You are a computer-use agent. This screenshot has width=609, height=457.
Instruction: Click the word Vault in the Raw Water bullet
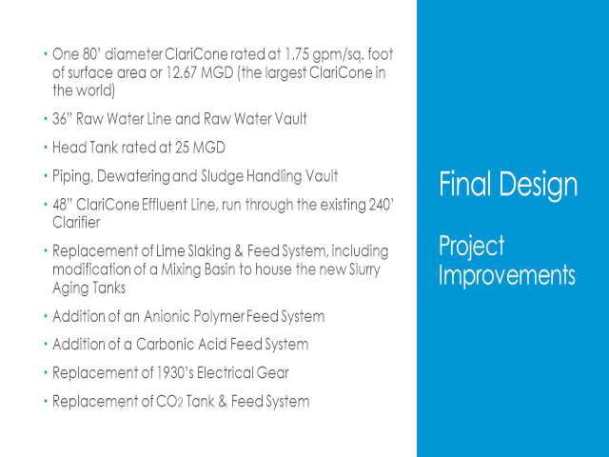tap(291, 118)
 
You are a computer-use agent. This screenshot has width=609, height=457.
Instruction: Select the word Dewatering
tap(133, 176)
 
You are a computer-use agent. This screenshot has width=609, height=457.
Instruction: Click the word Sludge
tap(222, 176)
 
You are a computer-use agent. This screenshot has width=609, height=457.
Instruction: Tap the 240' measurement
tap(382, 205)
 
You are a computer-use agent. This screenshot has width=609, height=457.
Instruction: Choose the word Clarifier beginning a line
tap(76, 223)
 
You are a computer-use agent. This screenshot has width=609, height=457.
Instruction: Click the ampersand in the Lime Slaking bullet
tap(239, 251)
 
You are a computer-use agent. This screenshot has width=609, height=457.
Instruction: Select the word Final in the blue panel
tap(465, 184)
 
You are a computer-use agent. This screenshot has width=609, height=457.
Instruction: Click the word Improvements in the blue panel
tap(507, 275)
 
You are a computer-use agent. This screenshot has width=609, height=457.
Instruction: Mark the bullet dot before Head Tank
tap(46, 148)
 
